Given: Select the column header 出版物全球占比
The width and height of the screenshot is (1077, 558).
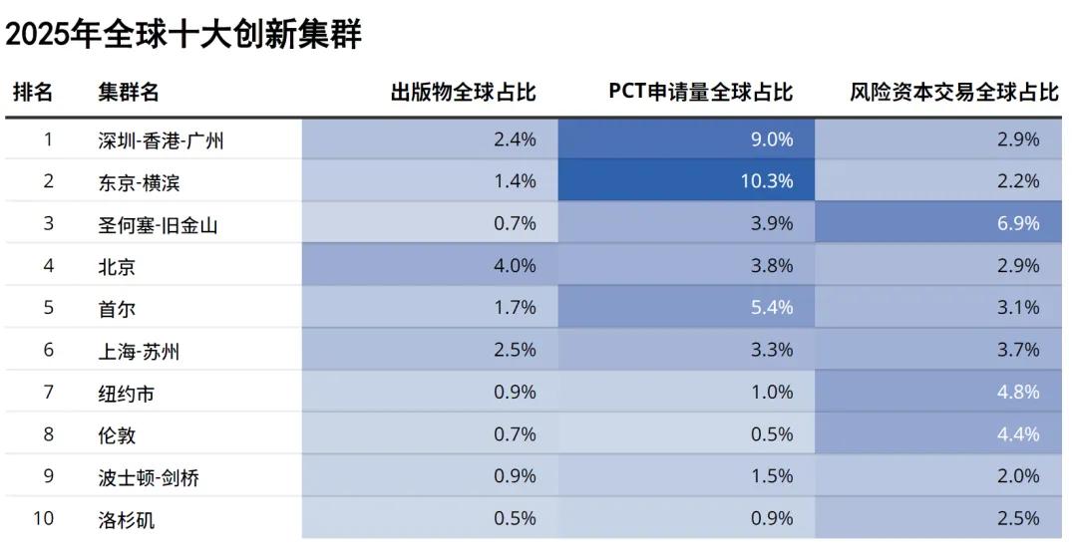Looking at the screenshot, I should tap(463, 93).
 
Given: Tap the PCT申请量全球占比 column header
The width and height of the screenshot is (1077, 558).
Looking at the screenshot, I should tap(700, 93).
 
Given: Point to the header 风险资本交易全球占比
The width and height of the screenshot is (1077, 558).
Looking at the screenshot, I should tap(953, 93).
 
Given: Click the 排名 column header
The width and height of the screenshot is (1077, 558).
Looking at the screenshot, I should tap(33, 93).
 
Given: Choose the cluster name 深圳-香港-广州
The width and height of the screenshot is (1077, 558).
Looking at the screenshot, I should tap(161, 140).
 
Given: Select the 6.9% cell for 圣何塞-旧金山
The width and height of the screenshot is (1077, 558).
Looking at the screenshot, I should tap(1018, 223).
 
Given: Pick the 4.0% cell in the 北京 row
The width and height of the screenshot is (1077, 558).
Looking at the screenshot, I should tap(515, 266).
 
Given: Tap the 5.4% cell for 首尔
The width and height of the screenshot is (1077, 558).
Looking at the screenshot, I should tap(772, 308).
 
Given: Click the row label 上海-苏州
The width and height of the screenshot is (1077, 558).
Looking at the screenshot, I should tap(139, 351).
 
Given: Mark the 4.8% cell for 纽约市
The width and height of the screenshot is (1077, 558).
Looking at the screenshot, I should tap(1018, 393).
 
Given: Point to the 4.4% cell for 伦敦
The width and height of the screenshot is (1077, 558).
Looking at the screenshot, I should tap(1018, 434).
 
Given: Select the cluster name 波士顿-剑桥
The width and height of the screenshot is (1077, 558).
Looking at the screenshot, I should tap(149, 477).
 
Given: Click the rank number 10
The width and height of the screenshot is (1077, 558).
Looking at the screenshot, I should tap(44, 518).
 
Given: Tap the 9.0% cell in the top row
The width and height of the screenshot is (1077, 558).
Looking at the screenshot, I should tap(772, 139).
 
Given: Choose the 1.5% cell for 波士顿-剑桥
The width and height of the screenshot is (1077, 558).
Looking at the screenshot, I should tap(772, 476).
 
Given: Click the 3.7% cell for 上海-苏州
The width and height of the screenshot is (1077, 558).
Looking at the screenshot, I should tap(1018, 350).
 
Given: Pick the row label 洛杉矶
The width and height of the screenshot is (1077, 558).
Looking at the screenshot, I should tap(127, 519).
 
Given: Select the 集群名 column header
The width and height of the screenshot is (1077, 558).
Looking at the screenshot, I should tap(128, 93).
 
